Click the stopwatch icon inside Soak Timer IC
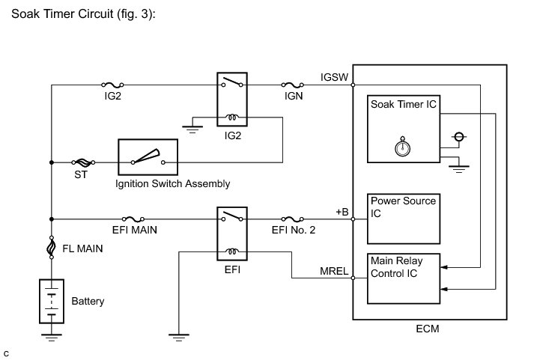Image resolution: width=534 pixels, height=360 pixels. coord(402,147)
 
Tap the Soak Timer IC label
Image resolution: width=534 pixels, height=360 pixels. coord(403,104)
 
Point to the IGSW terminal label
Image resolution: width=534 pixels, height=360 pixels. coord(334,77)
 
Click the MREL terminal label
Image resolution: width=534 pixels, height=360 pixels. coord(334,271)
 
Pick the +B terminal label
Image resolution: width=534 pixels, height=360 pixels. coord(342,212)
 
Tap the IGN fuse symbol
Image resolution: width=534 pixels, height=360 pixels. coord(293,85)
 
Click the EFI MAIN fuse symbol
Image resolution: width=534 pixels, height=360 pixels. coord(133,219)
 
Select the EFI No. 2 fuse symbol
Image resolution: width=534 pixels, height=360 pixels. coord(293,219)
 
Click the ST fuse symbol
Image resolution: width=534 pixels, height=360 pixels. coord(83,162)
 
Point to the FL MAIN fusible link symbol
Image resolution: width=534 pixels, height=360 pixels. coord(52,248)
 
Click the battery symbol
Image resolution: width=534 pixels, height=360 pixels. coord(52,301)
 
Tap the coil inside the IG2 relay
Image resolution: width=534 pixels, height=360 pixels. coord(232,118)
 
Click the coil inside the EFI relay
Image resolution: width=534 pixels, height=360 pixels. coord(232,251)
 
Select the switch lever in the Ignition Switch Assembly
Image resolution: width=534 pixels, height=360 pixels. coord(146,156)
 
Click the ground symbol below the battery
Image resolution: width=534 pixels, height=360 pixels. coord(52,338)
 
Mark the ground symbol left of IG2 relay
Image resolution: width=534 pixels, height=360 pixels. coord(192,129)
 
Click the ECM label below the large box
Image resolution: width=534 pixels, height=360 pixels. coord(428,329)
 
